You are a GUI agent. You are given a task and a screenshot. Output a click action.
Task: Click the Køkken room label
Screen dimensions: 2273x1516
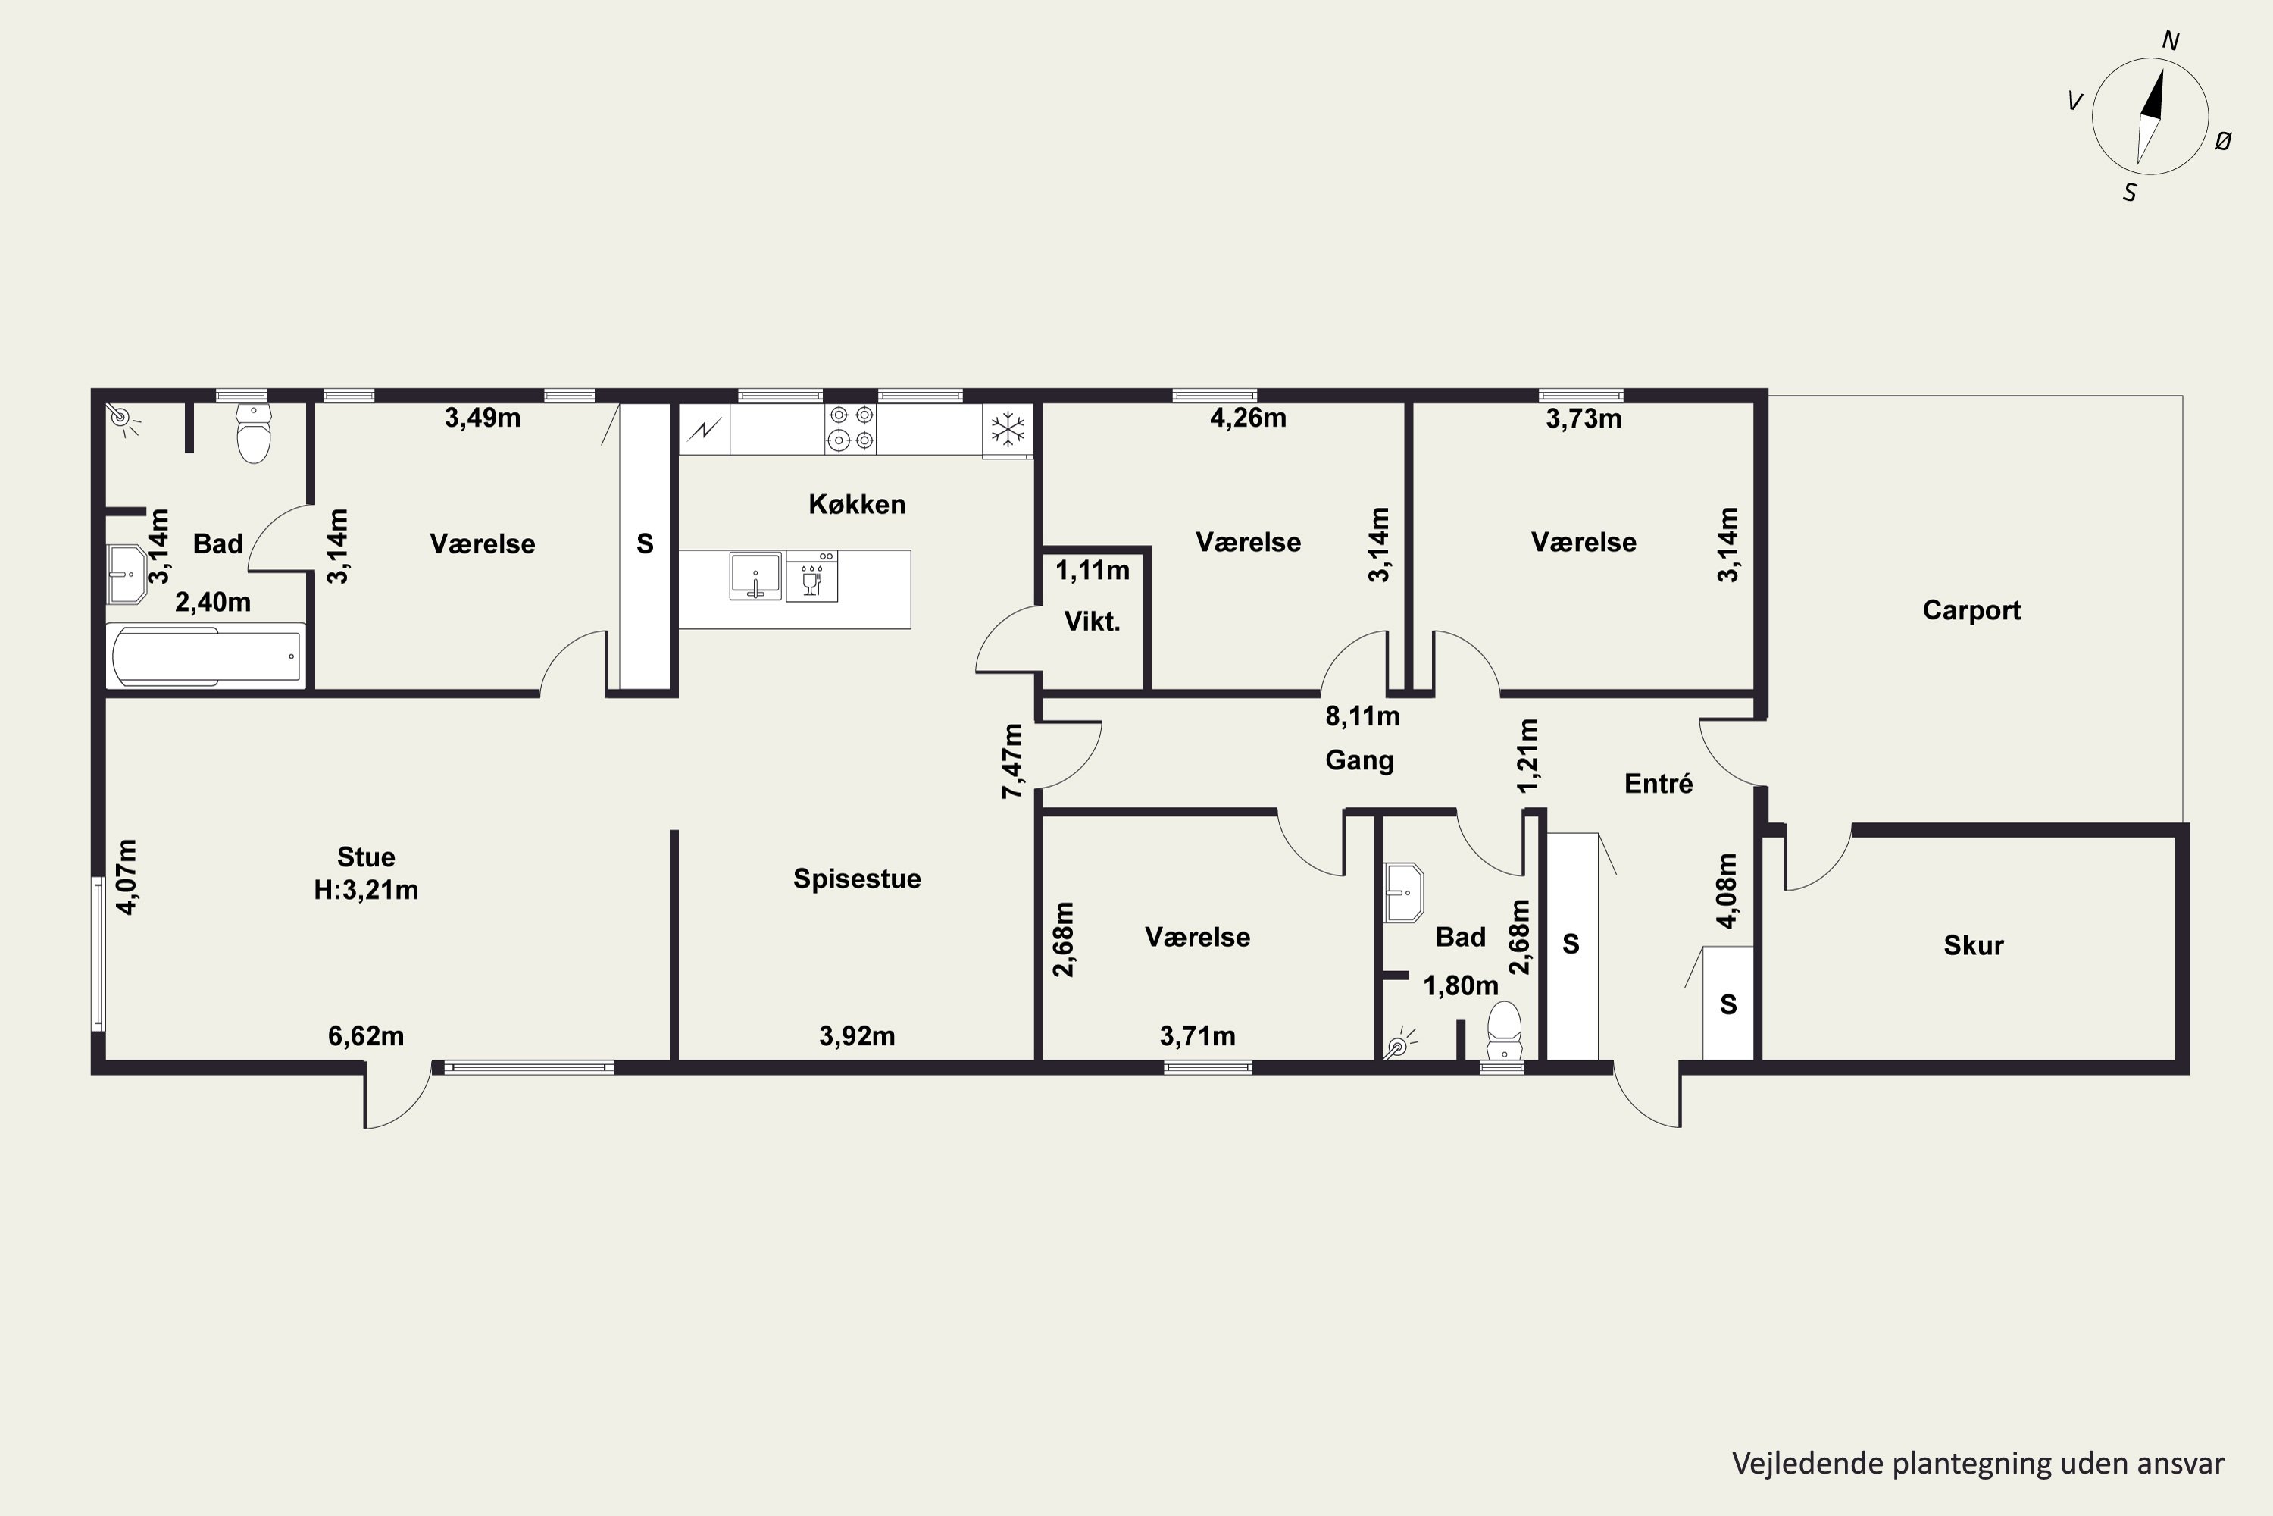(x=856, y=504)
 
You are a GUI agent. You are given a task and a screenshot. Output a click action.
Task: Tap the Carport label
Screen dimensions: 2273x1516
(x=1971, y=610)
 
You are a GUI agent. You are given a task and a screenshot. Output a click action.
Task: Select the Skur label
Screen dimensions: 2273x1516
(x=1974, y=944)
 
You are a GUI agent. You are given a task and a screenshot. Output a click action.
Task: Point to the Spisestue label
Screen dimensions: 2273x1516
(x=856, y=878)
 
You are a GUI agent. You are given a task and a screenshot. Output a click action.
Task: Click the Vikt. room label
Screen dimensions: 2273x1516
(x=1092, y=622)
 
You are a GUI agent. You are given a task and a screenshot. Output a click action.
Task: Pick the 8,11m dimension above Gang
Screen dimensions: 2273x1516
(x=1362, y=716)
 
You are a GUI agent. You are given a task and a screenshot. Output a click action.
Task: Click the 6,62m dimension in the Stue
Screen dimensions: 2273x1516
(x=366, y=1036)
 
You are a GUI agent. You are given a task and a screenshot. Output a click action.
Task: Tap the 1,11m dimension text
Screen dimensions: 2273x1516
(x=1092, y=571)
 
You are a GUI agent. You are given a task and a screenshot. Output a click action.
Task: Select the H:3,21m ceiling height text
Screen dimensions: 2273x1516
(x=366, y=889)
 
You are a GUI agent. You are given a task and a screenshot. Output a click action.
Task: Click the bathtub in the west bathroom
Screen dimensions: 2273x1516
(x=206, y=656)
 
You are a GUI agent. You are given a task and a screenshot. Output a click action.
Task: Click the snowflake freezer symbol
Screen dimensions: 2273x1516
(x=1008, y=428)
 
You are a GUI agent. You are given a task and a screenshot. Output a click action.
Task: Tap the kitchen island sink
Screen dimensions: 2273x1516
(x=755, y=576)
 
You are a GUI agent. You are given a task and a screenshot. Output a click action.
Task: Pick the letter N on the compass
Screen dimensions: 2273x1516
(x=2170, y=41)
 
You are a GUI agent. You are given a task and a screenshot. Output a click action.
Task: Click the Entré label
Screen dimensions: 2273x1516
(x=1659, y=783)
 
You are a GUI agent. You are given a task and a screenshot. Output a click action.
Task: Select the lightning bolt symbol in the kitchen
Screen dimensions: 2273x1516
(x=705, y=429)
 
